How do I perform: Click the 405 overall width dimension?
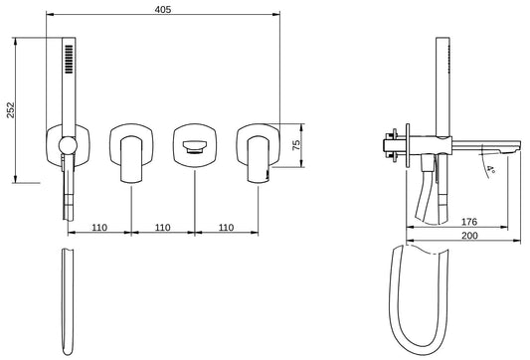(x=163, y=10)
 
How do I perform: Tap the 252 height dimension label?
(x=11, y=110)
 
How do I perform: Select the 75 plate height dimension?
(x=296, y=145)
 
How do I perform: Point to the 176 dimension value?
(x=469, y=222)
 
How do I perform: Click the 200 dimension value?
(x=469, y=236)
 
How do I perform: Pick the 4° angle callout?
(x=491, y=169)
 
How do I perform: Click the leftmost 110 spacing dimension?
(x=99, y=228)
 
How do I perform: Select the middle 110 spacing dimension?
(x=163, y=228)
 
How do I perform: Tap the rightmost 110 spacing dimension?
(x=226, y=228)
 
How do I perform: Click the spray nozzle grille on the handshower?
(x=69, y=59)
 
